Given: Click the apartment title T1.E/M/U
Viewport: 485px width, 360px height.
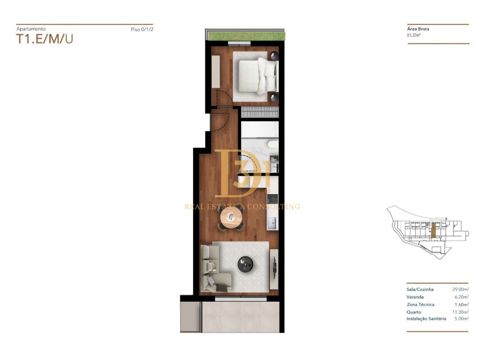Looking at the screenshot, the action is click(45, 39).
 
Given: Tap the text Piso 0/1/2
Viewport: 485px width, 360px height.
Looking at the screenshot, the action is click(142, 29).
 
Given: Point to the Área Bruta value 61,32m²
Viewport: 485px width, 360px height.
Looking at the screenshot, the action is click(414, 35).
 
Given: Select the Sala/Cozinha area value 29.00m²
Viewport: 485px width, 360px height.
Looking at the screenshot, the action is click(461, 289).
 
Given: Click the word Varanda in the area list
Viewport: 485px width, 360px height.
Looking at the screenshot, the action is click(415, 297).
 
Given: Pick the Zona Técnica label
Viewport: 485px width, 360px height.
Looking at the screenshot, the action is click(421, 305).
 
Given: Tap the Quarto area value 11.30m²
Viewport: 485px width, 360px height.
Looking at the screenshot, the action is click(461, 312).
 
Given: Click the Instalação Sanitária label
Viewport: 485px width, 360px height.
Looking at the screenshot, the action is click(426, 319).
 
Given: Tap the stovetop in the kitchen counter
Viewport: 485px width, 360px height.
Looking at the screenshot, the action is click(272, 199).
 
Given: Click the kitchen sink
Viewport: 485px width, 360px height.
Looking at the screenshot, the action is click(272, 223).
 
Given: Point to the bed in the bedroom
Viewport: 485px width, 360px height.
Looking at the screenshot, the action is click(258, 76).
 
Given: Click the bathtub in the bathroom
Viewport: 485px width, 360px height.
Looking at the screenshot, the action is click(260, 129).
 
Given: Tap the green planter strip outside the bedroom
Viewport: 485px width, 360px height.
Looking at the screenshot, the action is click(246, 36).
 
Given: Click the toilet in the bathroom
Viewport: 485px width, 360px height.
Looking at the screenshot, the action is click(273, 144).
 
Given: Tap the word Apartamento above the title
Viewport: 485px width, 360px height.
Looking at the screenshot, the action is click(31, 29).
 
